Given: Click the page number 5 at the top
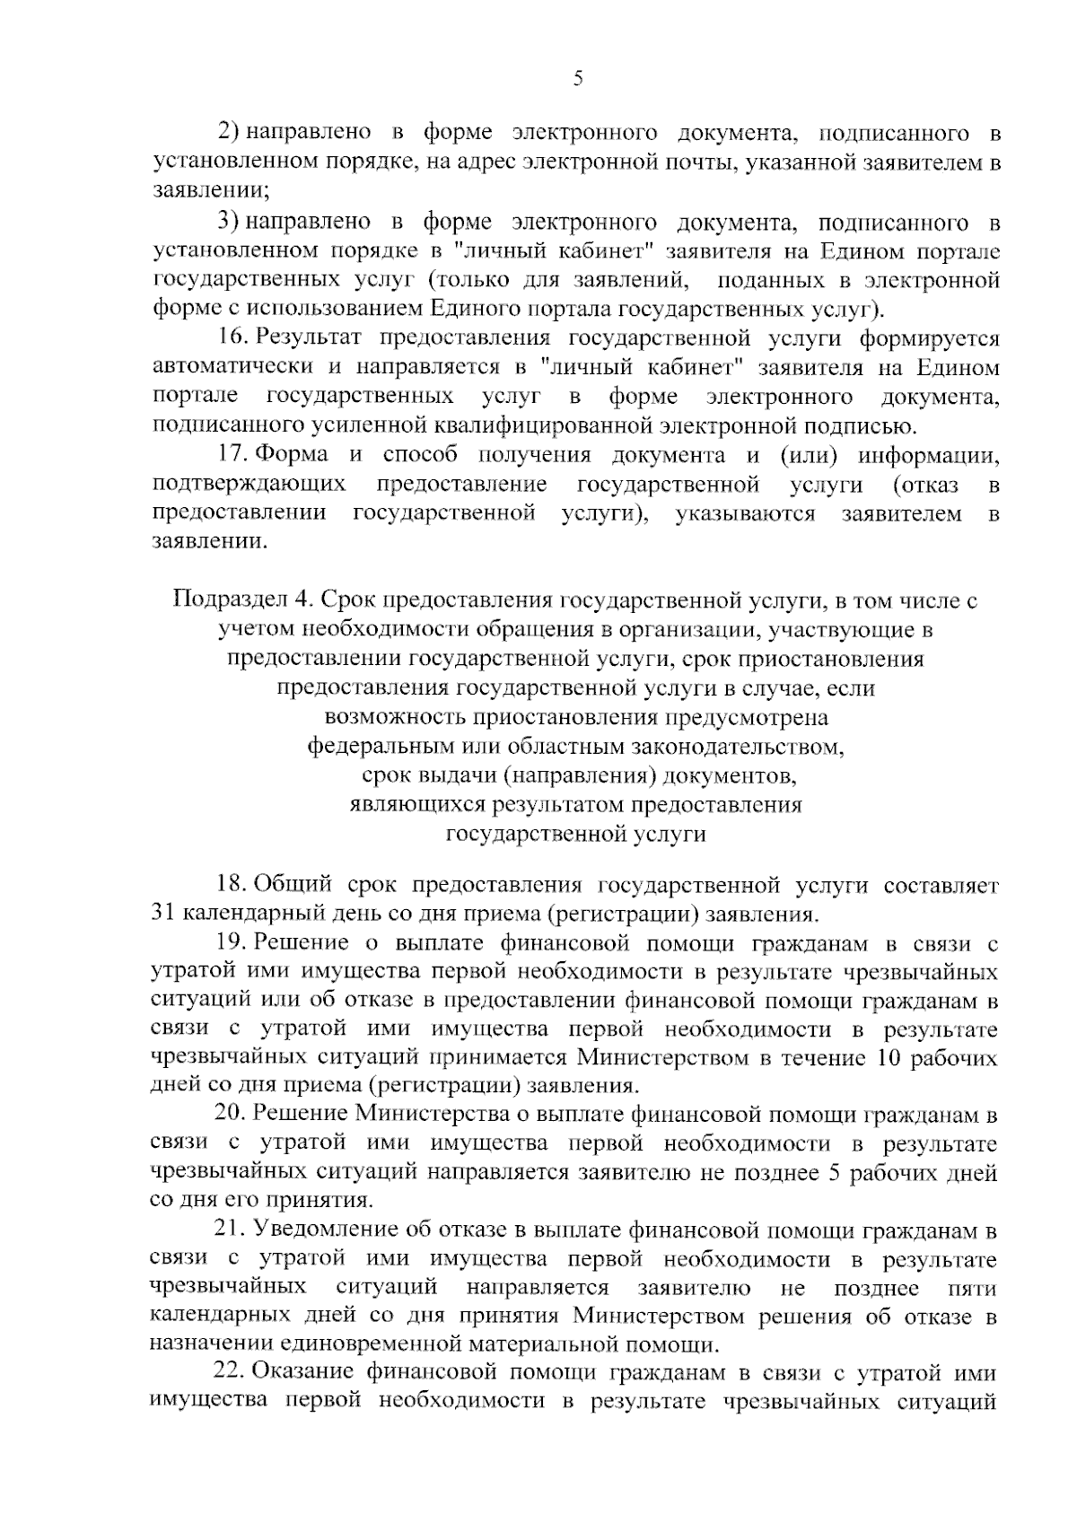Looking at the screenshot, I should (578, 79).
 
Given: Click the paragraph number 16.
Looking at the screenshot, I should (232, 338).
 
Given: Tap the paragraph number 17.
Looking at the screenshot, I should (232, 455).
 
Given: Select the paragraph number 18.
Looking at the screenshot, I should (232, 886).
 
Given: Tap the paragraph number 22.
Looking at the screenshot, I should (232, 1374).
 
